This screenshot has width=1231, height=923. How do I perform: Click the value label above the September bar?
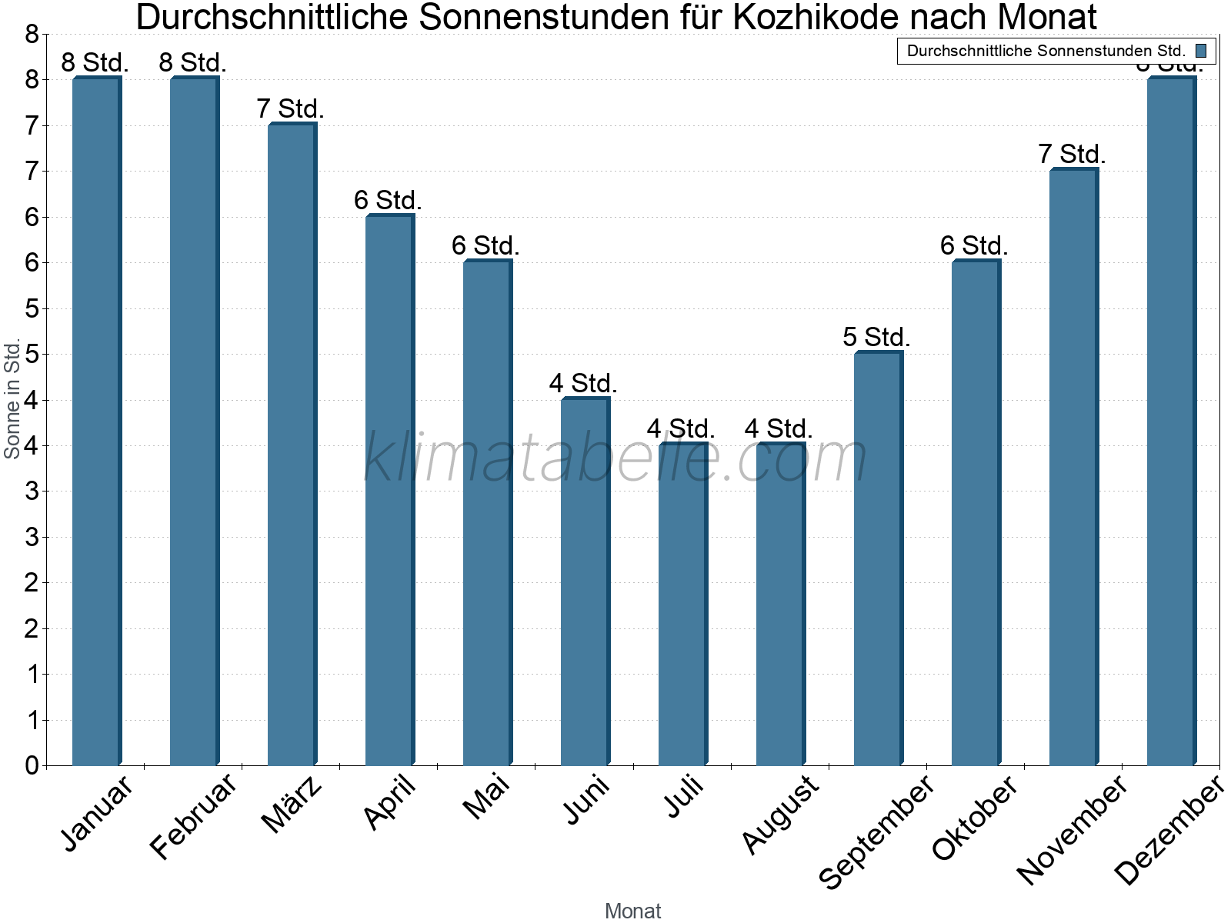pyautogui.click(x=876, y=337)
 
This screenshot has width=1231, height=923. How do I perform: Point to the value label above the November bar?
pyautogui.click(x=1072, y=154)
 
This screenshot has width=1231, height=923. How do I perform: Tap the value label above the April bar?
pyautogui.click(x=388, y=200)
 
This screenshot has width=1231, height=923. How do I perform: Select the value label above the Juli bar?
pyautogui.click(x=681, y=428)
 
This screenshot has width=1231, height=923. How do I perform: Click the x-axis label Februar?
pyautogui.click(x=192, y=817)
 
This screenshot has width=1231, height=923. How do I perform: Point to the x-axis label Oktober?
pyautogui.click(x=975, y=818)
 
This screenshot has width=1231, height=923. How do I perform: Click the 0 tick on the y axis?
pyautogui.click(x=32, y=765)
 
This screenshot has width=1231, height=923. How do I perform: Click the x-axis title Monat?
pyautogui.click(x=632, y=911)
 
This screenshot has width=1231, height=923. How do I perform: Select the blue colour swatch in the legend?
pyautogui.click(x=1201, y=51)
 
